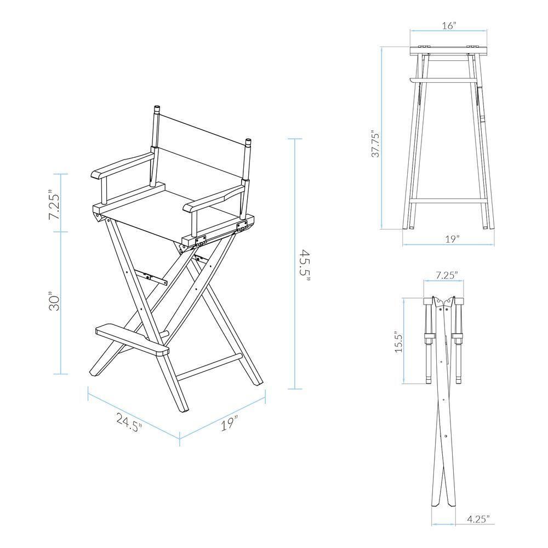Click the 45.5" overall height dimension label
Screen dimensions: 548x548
[x=306, y=265]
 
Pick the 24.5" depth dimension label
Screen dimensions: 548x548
[x=129, y=423]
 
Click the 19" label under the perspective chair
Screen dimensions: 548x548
[x=231, y=423]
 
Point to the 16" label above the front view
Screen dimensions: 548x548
[x=449, y=26]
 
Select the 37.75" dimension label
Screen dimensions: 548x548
[x=375, y=144]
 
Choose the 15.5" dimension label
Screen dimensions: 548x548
[x=398, y=342]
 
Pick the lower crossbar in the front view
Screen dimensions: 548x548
[x=448, y=201]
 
